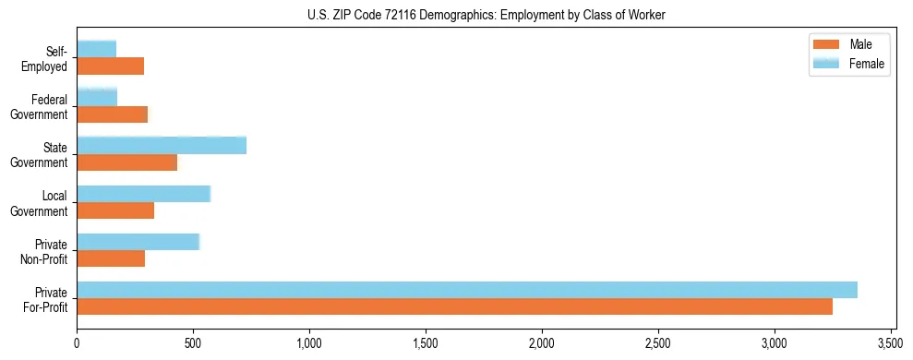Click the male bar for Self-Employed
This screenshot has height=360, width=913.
coord(111,66)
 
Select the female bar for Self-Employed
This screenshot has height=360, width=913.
coord(97,49)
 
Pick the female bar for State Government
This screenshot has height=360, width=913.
coord(162,145)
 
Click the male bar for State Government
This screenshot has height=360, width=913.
coord(127,162)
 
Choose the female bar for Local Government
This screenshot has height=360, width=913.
coord(144,193)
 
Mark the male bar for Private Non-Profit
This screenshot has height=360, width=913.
coord(111,258)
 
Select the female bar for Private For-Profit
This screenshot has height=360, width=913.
coord(467,289)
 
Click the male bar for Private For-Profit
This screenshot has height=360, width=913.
coord(454,306)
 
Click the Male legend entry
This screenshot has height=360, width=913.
coord(848,44)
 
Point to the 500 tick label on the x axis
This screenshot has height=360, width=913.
coord(193,341)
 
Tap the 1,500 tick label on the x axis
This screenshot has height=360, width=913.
coord(426,341)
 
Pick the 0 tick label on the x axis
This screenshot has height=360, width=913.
coord(78,341)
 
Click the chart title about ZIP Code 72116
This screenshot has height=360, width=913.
coord(486,16)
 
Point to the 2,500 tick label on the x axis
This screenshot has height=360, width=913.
coord(658,341)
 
